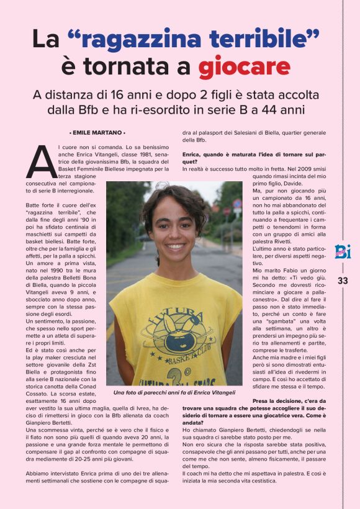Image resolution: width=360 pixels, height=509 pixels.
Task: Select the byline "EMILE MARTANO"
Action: (97, 133)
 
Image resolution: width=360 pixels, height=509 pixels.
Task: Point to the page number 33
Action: (343, 281)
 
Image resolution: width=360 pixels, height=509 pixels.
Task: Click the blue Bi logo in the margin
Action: (343, 251)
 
